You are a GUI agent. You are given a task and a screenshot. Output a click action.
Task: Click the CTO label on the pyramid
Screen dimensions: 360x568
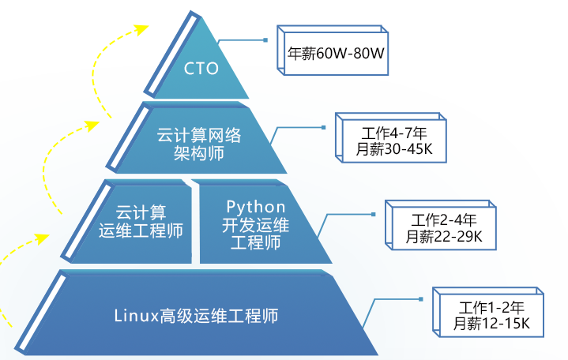coord(201,69)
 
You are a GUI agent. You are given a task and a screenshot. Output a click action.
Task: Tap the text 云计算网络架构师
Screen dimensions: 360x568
coord(198,144)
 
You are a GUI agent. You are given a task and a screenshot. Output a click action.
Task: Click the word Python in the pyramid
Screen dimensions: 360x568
coord(256,207)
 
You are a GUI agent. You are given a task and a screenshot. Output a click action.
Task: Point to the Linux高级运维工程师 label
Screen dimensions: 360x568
coord(196,317)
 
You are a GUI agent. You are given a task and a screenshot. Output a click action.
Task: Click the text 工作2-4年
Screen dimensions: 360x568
coord(445,219)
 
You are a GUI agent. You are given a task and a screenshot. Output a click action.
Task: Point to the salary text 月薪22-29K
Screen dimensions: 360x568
coord(445,236)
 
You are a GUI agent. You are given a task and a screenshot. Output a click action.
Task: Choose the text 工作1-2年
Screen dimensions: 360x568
coord(491,307)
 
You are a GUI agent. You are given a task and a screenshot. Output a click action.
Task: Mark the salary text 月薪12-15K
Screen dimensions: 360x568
coord(491,324)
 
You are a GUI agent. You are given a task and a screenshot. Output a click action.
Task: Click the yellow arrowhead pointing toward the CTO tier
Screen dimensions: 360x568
coord(142,30)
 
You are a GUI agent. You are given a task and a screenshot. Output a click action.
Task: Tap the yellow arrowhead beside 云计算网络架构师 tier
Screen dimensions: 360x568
coord(94,125)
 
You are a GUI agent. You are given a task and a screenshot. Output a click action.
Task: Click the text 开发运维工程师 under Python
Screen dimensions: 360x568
coord(255,234)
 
